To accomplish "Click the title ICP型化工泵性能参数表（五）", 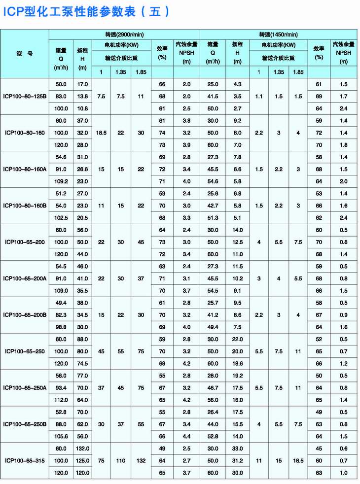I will click(x=86, y=11).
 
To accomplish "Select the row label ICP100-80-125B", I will click(x=25, y=97).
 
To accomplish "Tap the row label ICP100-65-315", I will click(x=25, y=460).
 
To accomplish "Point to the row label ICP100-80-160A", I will click(x=25, y=169).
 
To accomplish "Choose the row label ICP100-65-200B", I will click(x=25, y=315).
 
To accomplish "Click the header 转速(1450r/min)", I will click(x=279, y=35).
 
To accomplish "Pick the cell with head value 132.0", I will click(x=82, y=448).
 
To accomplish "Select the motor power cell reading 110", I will click(x=121, y=460).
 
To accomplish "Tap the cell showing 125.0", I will click(x=82, y=460).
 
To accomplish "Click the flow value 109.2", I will click(x=61, y=181).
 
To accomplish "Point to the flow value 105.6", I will click(x=61, y=436).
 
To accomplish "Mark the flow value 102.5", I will click(x=61, y=218).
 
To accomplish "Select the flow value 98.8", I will click(x=61, y=327).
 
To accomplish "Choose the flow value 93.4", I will click(x=61, y=388).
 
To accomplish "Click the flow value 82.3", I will click(x=61, y=315).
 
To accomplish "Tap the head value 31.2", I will click(x=238, y=460).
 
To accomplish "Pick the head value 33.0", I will click(x=238, y=448).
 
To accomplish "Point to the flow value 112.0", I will click(x=61, y=400).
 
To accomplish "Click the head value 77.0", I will click(x=82, y=376).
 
